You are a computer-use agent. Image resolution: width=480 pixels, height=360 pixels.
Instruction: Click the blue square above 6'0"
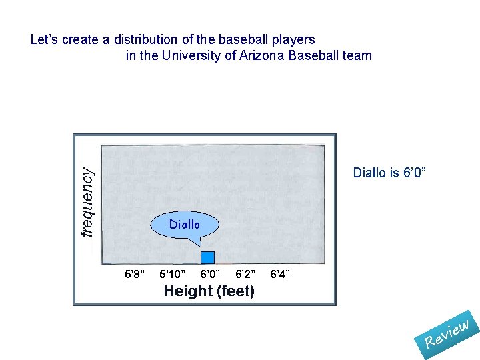tap(207, 257)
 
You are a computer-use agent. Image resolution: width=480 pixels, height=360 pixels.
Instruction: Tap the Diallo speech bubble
tap(184, 225)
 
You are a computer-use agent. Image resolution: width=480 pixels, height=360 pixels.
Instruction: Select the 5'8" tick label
tap(135, 274)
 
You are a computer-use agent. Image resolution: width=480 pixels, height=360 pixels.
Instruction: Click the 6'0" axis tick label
tap(211, 274)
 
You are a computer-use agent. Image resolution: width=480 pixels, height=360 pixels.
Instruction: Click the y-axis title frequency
tap(87, 201)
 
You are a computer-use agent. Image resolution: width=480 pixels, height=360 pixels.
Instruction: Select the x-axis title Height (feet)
tap(209, 291)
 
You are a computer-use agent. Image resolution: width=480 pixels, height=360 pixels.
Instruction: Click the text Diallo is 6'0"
tap(389, 173)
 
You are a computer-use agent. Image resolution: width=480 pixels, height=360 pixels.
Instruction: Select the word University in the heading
tap(191, 55)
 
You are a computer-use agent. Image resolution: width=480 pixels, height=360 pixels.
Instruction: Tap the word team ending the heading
tap(357, 55)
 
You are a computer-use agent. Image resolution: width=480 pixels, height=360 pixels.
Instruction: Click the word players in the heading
tap(293, 39)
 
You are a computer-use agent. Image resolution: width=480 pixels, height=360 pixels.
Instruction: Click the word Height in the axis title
tap(187, 291)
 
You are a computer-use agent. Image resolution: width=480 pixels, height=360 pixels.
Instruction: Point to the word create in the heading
tap(82, 39)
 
